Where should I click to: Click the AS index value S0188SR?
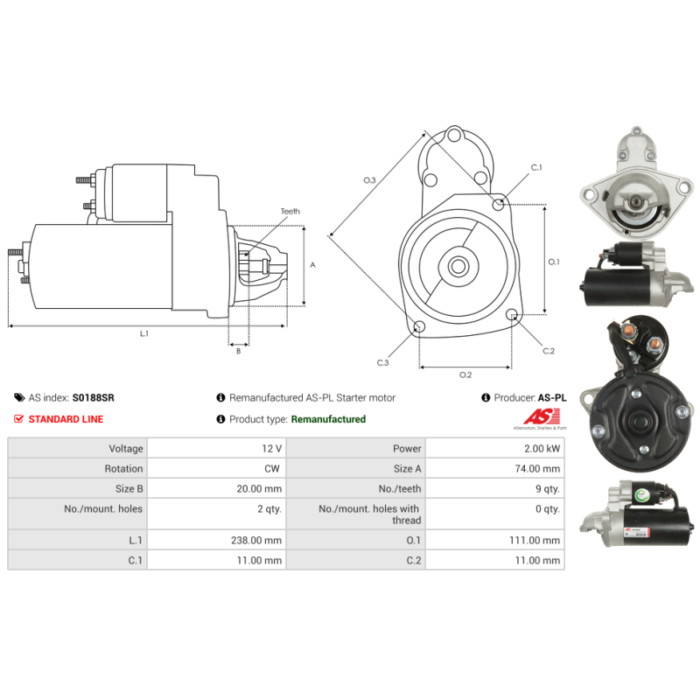[94, 397]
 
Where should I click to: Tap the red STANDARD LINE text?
[66, 419]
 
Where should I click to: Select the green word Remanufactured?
[328, 419]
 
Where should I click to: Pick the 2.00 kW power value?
[542, 448]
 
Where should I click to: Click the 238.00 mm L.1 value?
[256, 540]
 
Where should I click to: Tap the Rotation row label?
[123, 468]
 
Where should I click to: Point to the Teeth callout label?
[290, 211]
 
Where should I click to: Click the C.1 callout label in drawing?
[536, 167]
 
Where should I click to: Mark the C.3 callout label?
[382, 362]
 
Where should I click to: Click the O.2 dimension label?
[465, 375]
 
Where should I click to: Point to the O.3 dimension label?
[369, 180]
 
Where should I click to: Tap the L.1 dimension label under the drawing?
[143, 333]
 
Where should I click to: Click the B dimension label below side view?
[238, 351]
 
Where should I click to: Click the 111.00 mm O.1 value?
[535, 540]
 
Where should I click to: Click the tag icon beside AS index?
[19, 397]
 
